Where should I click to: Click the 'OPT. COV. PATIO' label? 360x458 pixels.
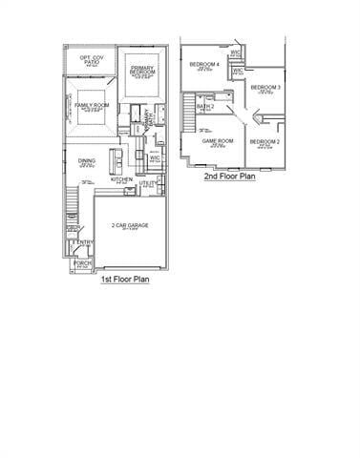click(x=92, y=59)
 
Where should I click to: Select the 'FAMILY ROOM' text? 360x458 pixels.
click(x=93, y=105)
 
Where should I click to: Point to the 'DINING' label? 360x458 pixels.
click(x=87, y=161)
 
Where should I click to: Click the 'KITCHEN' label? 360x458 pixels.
click(x=121, y=178)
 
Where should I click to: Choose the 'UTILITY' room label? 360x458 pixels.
click(x=148, y=183)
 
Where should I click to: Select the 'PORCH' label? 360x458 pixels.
click(x=82, y=263)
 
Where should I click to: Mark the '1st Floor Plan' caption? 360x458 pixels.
click(x=124, y=281)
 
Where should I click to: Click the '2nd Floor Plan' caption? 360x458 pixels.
click(x=229, y=176)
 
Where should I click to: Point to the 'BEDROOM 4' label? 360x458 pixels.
click(x=203, y=65)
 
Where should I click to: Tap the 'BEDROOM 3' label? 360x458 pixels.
click(x=265, y=88)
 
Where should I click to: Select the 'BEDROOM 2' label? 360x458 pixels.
click(x=265, y=141)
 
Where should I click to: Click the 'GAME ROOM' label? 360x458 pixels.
click(x=218, y=141)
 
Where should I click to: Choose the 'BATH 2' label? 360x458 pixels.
click(x=205, y=107)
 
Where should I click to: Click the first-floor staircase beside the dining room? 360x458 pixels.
click(x=71, y=202)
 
